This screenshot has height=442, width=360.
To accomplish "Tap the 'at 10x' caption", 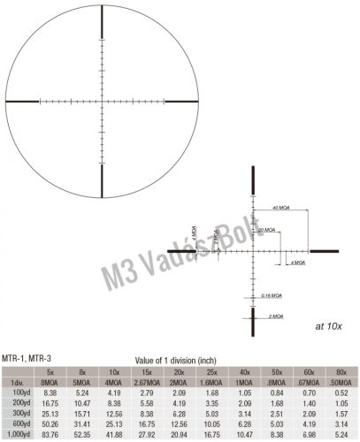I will [326, 326].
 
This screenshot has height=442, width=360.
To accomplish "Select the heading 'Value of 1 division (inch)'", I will [180, 359].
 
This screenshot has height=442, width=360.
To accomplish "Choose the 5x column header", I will [50, 372].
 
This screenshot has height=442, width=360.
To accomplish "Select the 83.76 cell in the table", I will [50, 435].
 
